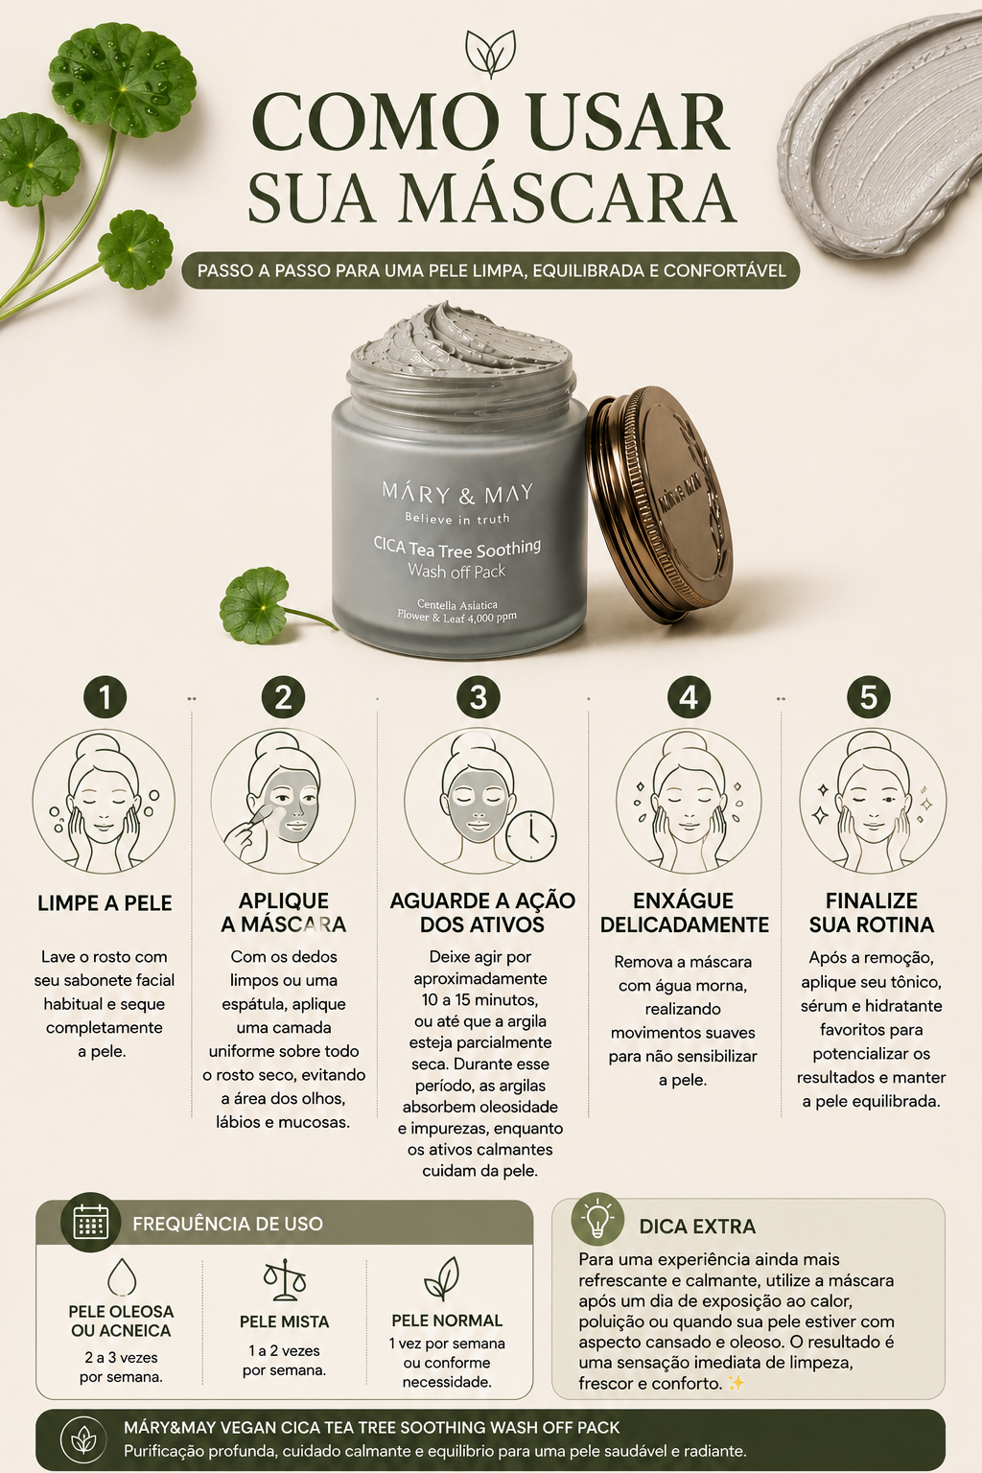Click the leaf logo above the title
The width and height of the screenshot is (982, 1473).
[x=491, y=54]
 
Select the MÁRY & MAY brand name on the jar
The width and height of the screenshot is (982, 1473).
[x=457, y=493]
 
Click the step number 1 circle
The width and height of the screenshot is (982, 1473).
[x=105, y=696]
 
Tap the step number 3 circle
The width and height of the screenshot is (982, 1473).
[x=479, y=696]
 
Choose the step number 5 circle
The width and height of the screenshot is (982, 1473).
[x=868, y=696]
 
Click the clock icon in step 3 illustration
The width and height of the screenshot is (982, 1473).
[x=530, y=836]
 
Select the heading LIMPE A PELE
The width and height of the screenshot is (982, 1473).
[x=105, y=902]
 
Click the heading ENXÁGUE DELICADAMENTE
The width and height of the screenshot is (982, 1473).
[x=684, y=912]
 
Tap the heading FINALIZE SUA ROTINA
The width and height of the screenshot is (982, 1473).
[x=872, y=912]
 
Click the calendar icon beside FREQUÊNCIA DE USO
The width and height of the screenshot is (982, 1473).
[x=91, y=1222]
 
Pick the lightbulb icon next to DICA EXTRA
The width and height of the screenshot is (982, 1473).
[x=597, y=1218]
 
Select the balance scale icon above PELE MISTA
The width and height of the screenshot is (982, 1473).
[x=285, y=1279]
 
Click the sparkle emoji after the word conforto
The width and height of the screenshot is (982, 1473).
[x=736, y=1383]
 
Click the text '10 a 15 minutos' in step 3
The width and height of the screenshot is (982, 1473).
[x=479, y=999]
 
